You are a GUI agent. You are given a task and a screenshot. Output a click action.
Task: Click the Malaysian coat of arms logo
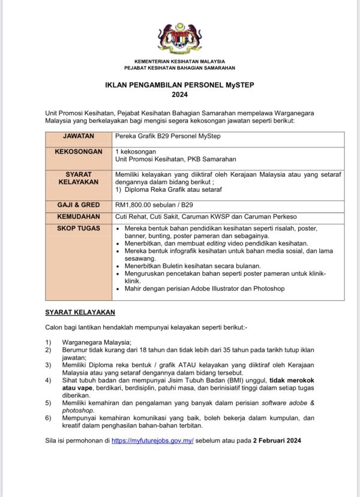coord(179,38)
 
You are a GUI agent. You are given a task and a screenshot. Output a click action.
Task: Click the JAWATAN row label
coord(79,136)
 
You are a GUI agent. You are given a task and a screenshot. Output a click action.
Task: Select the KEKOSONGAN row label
coord(79,152)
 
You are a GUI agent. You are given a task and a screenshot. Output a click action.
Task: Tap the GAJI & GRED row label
coord(79,205)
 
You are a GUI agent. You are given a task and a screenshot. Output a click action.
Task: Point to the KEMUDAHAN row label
coord(79,216)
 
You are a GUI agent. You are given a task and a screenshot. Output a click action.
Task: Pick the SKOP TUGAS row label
coord(79,228)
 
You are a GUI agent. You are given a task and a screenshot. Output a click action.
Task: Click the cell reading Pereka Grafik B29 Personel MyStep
coord(168,136)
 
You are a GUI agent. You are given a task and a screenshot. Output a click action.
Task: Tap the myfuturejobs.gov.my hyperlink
coord(152,441)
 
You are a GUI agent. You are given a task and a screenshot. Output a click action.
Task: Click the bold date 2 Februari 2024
coord(277,441)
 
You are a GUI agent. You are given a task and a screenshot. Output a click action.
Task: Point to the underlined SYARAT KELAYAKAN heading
coord(80,312)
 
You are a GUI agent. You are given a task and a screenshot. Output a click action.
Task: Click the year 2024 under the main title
coord(179,94)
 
